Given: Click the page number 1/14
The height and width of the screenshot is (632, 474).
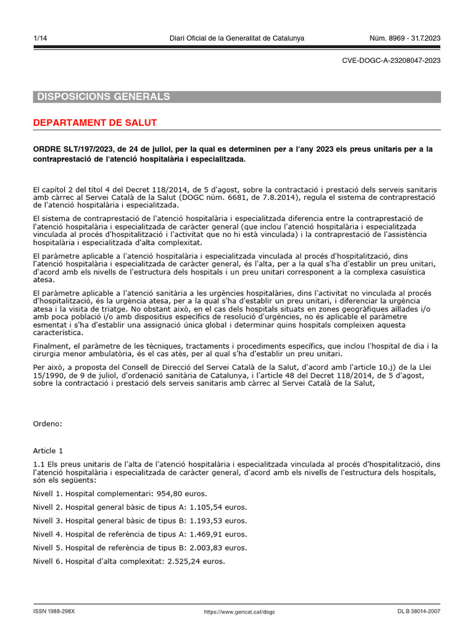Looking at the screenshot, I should pos(40,39).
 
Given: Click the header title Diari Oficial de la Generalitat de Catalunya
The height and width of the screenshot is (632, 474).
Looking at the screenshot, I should pos(237,39).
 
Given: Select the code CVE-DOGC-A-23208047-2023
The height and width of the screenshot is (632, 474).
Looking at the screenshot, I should pos(391,60).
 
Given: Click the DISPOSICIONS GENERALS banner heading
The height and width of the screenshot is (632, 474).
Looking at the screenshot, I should pos(104,97).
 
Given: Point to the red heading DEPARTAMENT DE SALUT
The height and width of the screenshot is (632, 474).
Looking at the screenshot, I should pos(95,123).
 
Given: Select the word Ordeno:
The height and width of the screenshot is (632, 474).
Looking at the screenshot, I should pos(48,424).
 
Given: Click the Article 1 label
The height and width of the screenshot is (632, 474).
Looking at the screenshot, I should pos(48,451).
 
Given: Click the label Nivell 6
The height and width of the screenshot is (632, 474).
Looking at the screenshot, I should pos(48,562).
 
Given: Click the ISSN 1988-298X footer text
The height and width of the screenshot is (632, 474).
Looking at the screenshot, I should pos(54,612).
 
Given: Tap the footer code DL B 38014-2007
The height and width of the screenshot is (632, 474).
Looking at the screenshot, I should pos(419,612).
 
